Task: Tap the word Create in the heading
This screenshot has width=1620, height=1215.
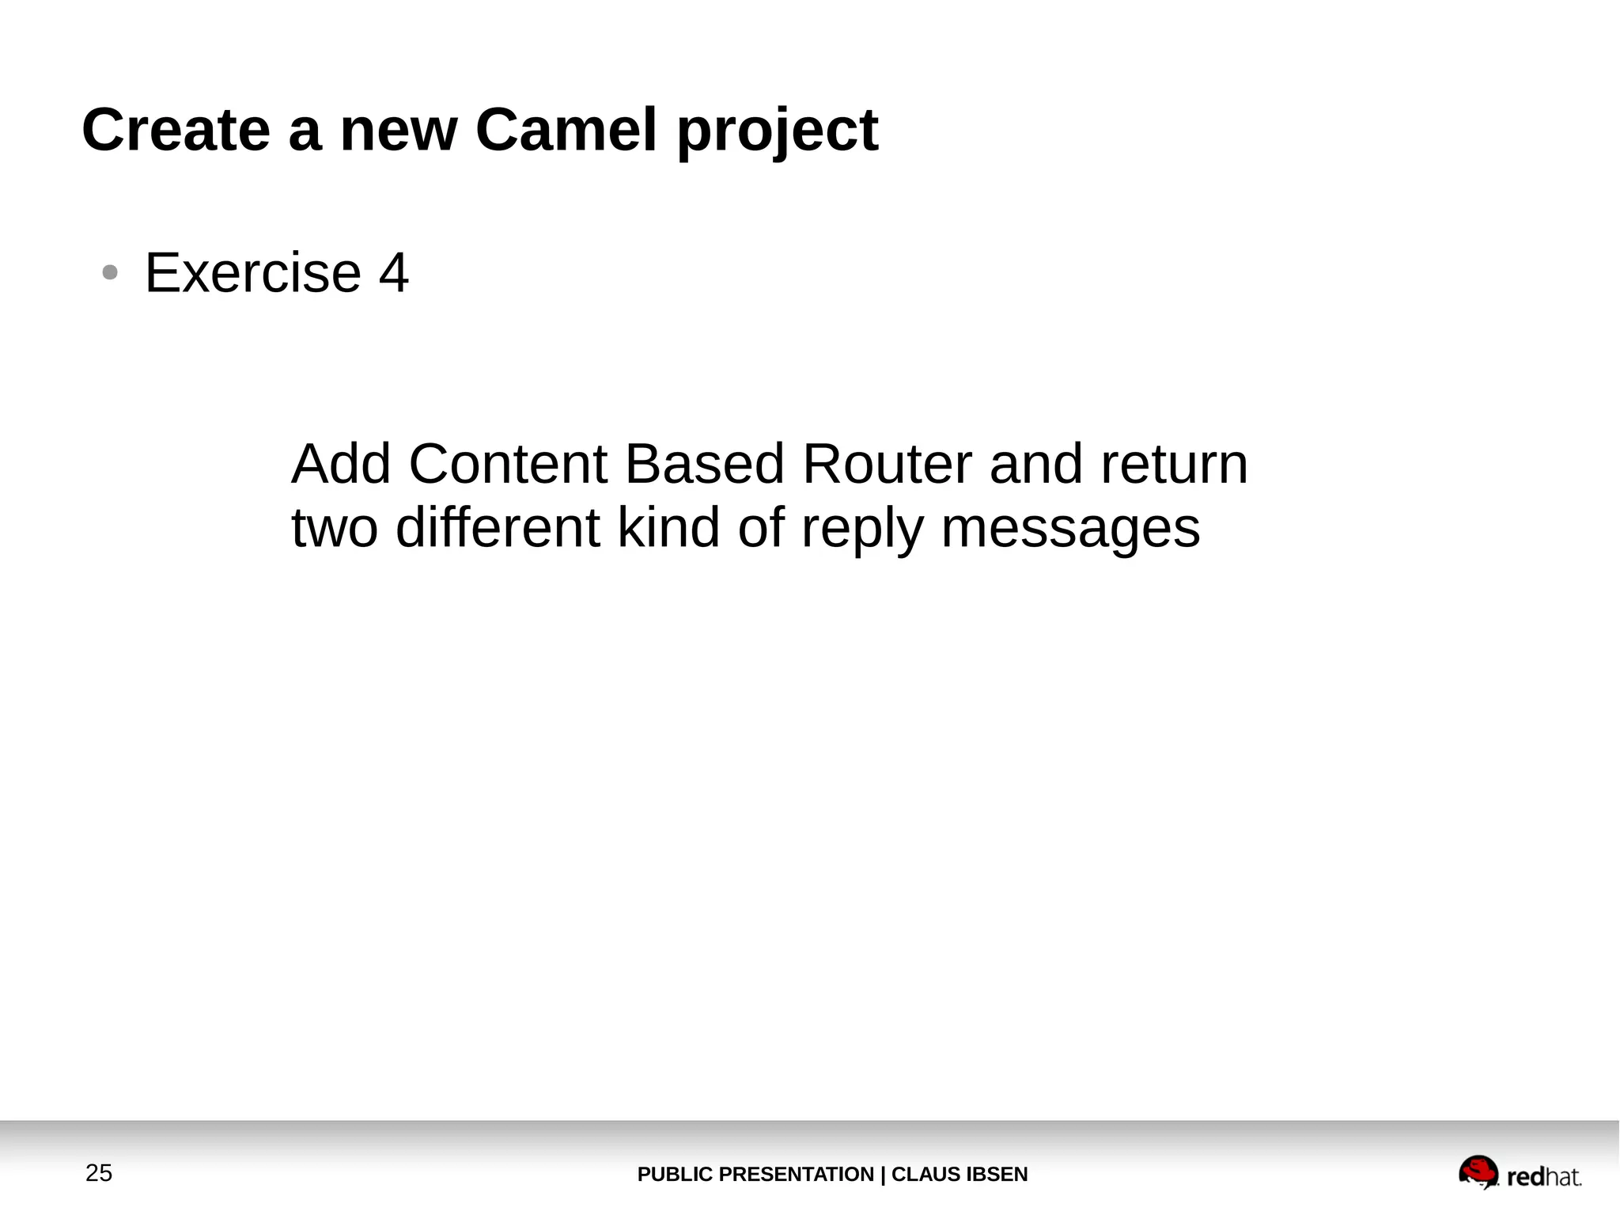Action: tap(176, 130)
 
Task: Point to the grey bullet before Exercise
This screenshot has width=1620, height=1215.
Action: tap(110, 273)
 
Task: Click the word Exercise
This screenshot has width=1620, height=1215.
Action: tap(253, 273)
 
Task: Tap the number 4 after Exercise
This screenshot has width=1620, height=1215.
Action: tap(394, 273)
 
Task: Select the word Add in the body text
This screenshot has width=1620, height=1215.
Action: tap(341, 464)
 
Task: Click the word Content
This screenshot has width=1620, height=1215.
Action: tap(508, 464)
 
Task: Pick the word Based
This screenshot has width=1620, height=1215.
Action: tap(705, 464)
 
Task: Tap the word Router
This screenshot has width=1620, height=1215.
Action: tap(887, 464)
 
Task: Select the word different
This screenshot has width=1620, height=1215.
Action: tap(498, 528)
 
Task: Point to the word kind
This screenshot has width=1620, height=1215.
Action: tap(668, 528)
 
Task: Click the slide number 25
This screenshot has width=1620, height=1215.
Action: tap(99, 1173)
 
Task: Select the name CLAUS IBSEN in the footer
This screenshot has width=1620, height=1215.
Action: tap(960, 1175)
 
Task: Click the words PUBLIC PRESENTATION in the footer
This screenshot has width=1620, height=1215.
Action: tap(755, 1175)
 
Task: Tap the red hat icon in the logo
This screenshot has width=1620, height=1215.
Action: tap(1478, 1171)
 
